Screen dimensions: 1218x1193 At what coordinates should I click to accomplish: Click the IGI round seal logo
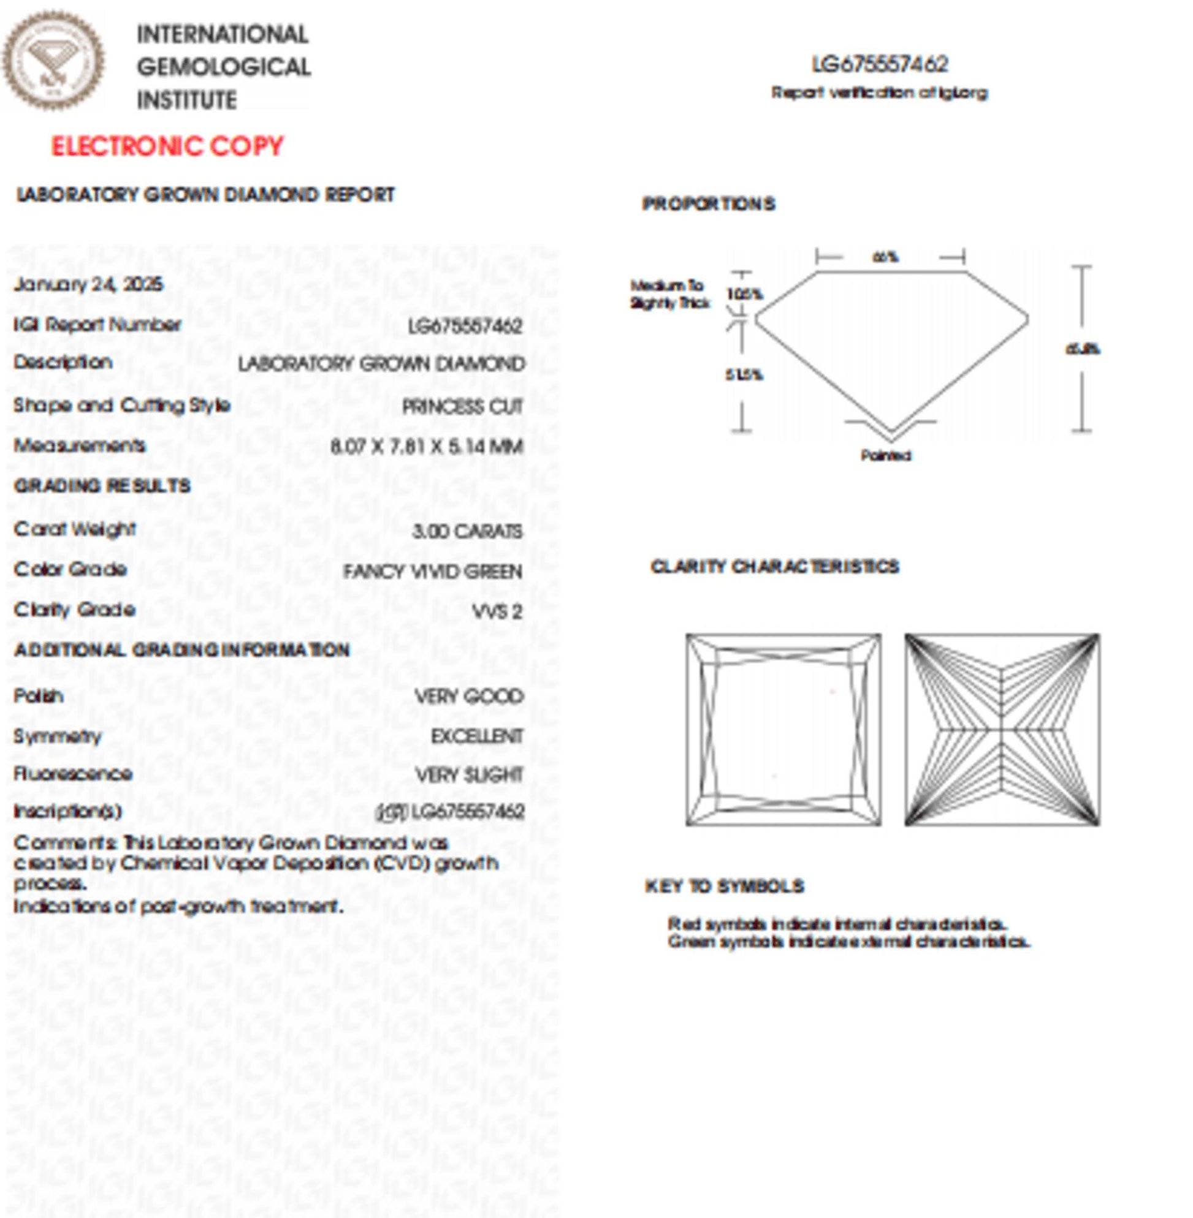click(53, 61)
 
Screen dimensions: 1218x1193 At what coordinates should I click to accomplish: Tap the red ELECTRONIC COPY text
click(167, 146)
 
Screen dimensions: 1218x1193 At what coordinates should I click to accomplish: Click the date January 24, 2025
click(88, 284)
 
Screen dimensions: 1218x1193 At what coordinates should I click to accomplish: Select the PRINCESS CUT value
click(462, 407)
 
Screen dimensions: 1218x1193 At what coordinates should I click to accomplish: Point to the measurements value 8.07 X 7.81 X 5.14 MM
click(427, 447)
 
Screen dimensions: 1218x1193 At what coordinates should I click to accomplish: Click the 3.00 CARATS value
click(467, 531)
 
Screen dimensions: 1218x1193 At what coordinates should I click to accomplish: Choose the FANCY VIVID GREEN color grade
click(432, 572)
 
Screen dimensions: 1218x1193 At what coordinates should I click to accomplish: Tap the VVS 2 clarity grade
click(498, 612)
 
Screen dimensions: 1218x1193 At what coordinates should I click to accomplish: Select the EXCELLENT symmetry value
click(477, 736)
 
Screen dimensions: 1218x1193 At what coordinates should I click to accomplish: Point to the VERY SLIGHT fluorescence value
click(470, 775)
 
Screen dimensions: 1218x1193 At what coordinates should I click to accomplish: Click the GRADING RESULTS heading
click(102, 486)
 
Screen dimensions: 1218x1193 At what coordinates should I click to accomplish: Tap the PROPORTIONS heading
click(709, 203)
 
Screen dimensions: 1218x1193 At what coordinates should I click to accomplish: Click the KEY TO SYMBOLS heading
click(725, 886)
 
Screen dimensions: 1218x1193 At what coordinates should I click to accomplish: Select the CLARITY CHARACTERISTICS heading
click(774, 567)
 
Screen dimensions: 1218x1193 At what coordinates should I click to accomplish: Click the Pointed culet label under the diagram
click(886, 455)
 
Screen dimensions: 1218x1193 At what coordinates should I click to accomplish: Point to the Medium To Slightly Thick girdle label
click(669, 294)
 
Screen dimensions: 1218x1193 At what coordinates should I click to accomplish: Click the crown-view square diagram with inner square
click(783, 730)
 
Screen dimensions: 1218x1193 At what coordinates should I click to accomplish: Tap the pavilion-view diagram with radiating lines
click(1002, 730)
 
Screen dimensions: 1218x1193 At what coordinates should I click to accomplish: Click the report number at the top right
click(880, 64)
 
